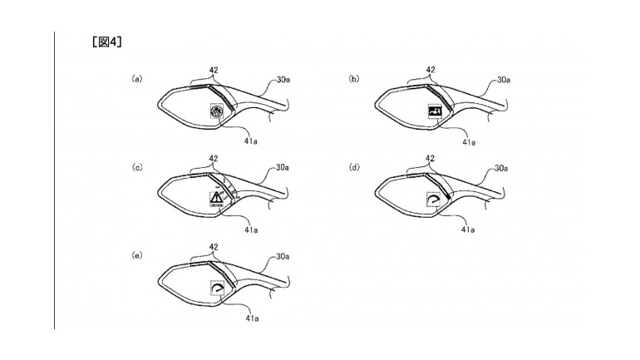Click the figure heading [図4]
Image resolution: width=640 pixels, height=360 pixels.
(109, 42)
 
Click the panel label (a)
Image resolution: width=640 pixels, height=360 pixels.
(137, 79)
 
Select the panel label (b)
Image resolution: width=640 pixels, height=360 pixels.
(354, 79)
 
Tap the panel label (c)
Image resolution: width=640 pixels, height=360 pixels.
(137, 169)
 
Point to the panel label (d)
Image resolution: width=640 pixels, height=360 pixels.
(354, 169)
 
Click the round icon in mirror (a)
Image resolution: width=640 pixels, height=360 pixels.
(215, 113)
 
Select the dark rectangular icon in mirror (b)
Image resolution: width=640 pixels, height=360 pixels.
(433, 111)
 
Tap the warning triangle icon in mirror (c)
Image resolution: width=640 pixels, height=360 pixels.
(216, 198)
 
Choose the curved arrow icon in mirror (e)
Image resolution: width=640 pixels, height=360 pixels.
(217, 287)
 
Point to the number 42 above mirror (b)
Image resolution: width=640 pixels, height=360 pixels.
(430, 70)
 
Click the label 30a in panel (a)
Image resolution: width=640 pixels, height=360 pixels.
(283, 80)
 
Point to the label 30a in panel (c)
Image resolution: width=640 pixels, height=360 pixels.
(283, 168)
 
